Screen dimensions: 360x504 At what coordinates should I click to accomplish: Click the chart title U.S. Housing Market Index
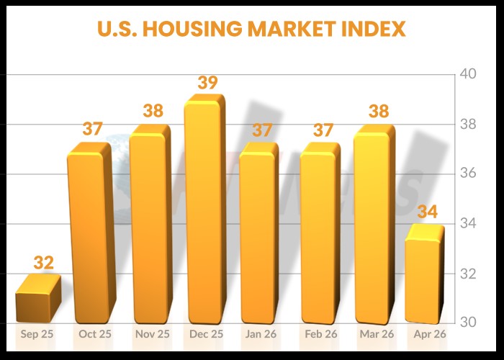[251, 30]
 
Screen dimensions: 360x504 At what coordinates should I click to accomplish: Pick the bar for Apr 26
[424, 277]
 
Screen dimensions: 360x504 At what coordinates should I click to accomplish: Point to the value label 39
[207, 83]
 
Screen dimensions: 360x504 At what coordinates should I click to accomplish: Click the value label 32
[44, 263]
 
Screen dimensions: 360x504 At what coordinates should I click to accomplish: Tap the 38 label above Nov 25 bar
[153, 112]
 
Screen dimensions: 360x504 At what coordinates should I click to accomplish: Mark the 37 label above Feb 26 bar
[321, 130]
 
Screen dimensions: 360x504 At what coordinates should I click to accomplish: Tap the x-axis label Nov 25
[152, 334]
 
